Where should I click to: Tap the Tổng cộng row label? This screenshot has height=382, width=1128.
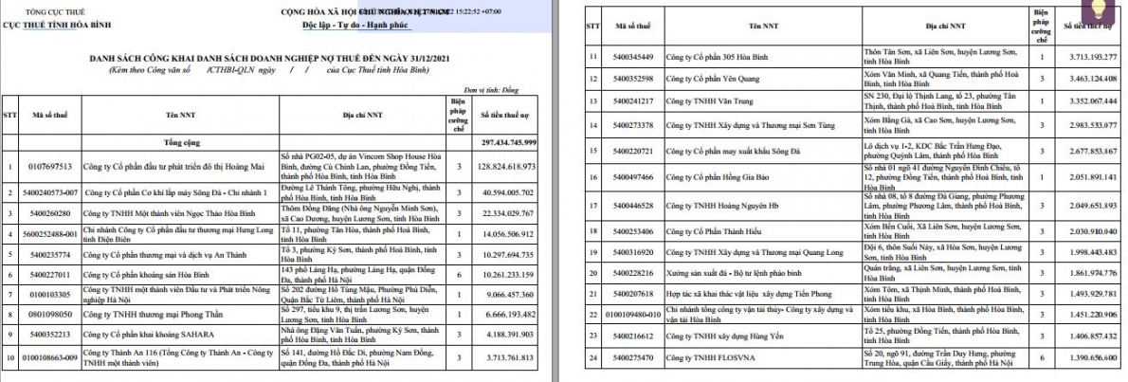click(x=172, y=141)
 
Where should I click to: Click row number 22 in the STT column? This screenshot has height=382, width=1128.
click(x=591, y=312)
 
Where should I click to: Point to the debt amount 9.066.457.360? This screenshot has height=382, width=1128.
click(x=511, y=293)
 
